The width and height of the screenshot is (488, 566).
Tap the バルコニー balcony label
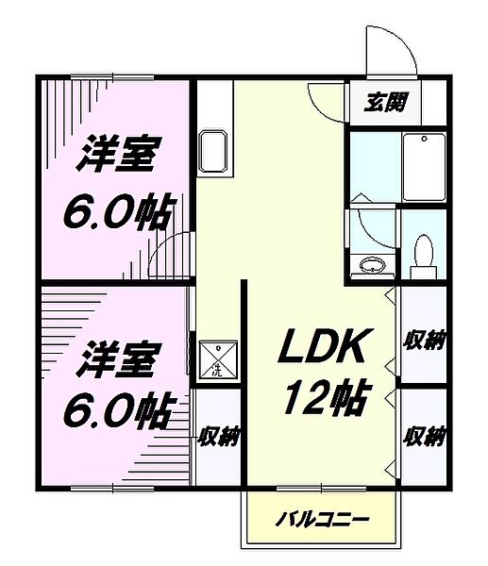[321, 520]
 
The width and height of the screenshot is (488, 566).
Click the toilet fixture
[423, 253]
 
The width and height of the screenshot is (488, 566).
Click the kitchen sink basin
[212, 153]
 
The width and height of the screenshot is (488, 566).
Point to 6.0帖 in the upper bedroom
[118, 212]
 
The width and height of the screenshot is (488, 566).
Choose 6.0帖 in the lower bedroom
[118, 410]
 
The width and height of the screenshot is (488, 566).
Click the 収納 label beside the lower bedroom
[218, 436]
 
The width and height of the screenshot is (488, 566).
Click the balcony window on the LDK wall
[321, 488]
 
